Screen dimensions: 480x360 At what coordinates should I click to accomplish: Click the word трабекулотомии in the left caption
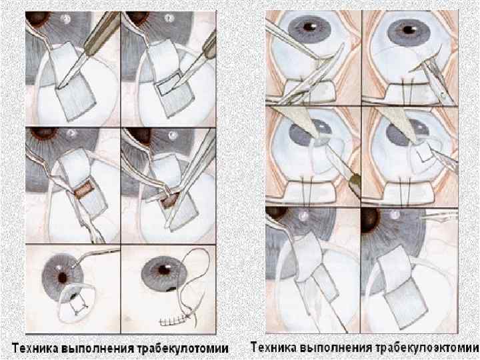pyautogui.click(x=183, y=349)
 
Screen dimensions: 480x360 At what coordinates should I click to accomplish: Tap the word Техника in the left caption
pyautogui.click(x=35, y=349)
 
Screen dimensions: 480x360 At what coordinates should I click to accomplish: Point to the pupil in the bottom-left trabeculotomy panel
pyautogui.click(x=62, y=277)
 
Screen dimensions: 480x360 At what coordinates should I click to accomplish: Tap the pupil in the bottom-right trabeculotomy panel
pyautogui.click(x=164, y=269)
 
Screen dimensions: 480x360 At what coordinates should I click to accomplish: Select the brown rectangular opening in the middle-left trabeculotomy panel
pyautogui.click(x=83, y=189)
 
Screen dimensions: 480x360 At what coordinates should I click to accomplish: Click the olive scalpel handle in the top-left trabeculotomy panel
pyautogui.click(x=102, y=31)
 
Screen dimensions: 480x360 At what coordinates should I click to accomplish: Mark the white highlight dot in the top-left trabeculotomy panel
pyautogui.click(x=65, y=19)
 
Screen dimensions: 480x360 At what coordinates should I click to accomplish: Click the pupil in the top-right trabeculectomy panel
pyautogui.click(x=409, y=29)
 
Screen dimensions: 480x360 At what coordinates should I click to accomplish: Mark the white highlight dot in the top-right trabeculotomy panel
pyautogui.click(x=168, y=19)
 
